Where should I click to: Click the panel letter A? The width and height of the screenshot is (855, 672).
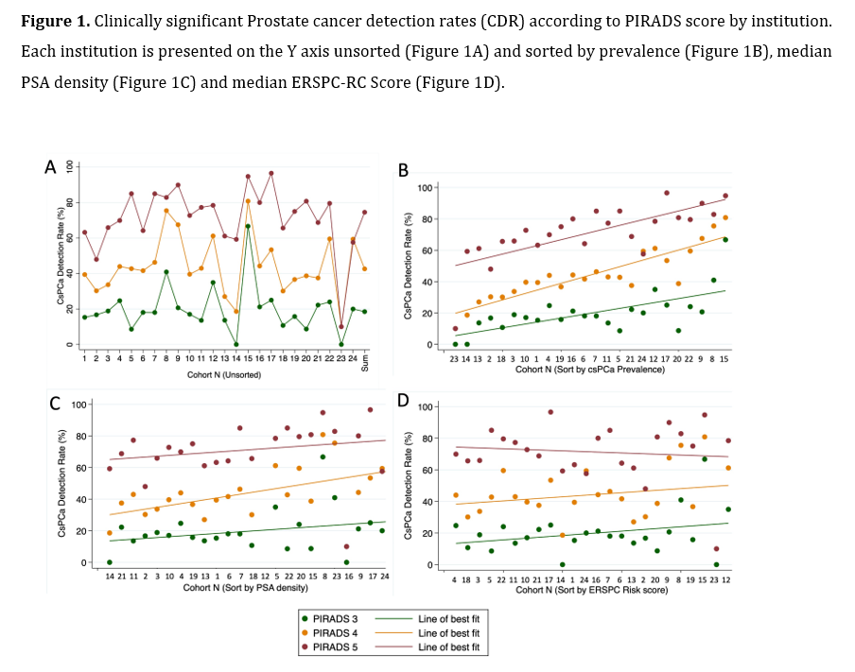51,168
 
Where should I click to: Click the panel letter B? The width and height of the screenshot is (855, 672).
404,170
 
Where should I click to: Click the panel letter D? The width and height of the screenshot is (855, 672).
404,402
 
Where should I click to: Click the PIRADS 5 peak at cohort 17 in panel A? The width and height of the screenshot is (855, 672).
270,173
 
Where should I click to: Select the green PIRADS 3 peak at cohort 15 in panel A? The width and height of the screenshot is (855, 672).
248,226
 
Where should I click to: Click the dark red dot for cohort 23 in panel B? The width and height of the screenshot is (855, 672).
455,329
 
